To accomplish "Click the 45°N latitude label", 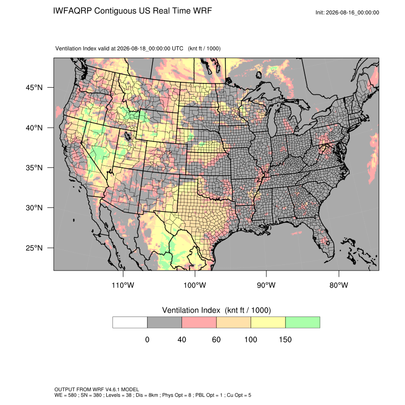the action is point(34,88).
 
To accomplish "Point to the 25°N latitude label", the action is point(34,248).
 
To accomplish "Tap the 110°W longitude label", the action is point(123,285).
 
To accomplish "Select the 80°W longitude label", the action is point(339,285).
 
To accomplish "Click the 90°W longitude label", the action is point(266,285).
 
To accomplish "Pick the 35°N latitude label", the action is point(34,168).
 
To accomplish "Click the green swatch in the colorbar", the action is point(303,323).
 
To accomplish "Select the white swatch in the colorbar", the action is point(130,323).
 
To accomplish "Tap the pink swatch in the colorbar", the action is point(199,323).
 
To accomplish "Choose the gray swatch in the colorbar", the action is point(164,323).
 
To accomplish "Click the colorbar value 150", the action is point(285,339).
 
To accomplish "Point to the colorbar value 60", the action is point(216,339).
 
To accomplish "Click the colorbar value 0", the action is point(147,339).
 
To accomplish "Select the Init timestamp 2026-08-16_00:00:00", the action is point(353,12).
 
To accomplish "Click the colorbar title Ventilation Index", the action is point(191,310).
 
